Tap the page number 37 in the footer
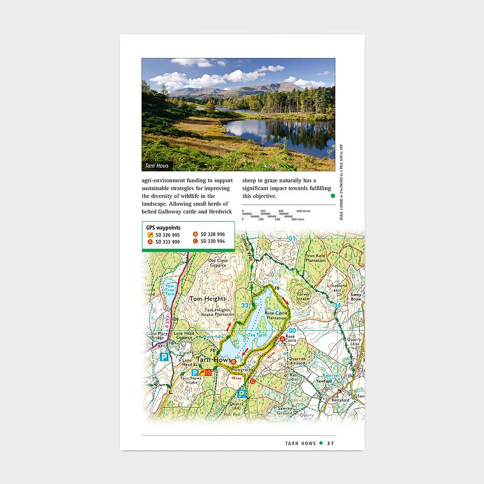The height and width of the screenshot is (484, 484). (330, 443)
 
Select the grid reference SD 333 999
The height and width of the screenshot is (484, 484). (167, 242)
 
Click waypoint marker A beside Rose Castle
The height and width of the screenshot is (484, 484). (282, 339)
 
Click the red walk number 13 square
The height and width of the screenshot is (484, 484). (208, 373)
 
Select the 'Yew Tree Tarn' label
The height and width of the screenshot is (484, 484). (170, 290)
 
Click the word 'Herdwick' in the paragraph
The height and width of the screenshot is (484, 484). (220, 212)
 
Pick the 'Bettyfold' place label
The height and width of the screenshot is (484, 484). (340, 400)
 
